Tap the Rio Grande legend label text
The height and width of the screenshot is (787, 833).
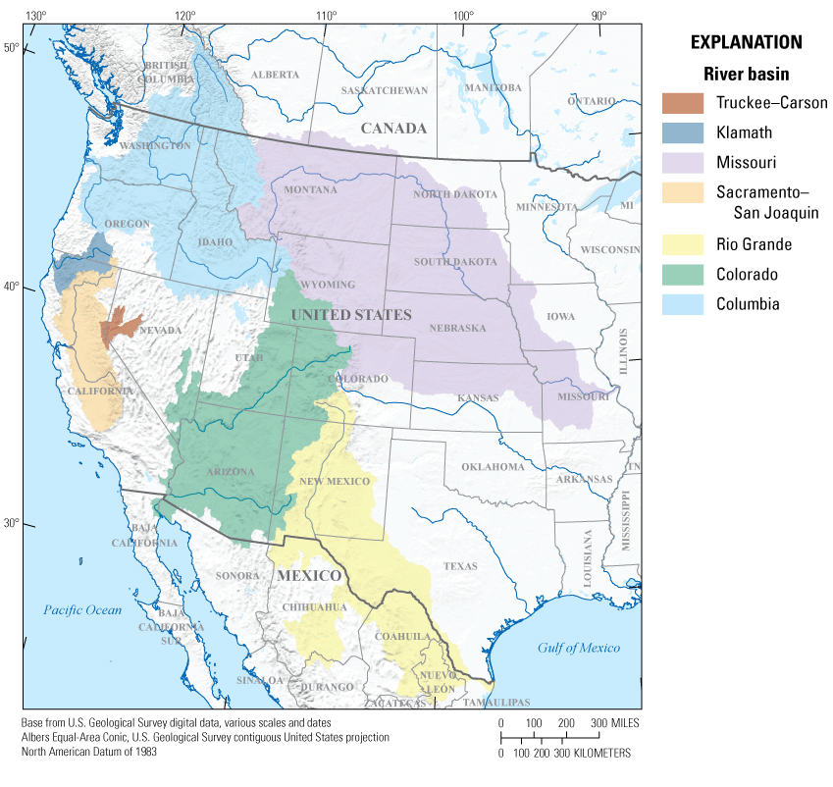(x=754, y=244)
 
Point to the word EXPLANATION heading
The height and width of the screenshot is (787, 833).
(x=746, y=42)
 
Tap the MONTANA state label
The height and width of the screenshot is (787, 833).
(x=310, y=189)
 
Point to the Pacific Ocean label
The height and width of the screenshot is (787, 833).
(x=82, y=610)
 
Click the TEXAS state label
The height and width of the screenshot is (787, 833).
(x=459, y=566)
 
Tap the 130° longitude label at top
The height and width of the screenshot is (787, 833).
(x=35, y=16)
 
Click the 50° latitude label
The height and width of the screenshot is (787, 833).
(x=11, y=47)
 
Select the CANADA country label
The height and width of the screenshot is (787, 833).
(x=393, y=129)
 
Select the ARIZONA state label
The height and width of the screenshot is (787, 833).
(x=231, y=472)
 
